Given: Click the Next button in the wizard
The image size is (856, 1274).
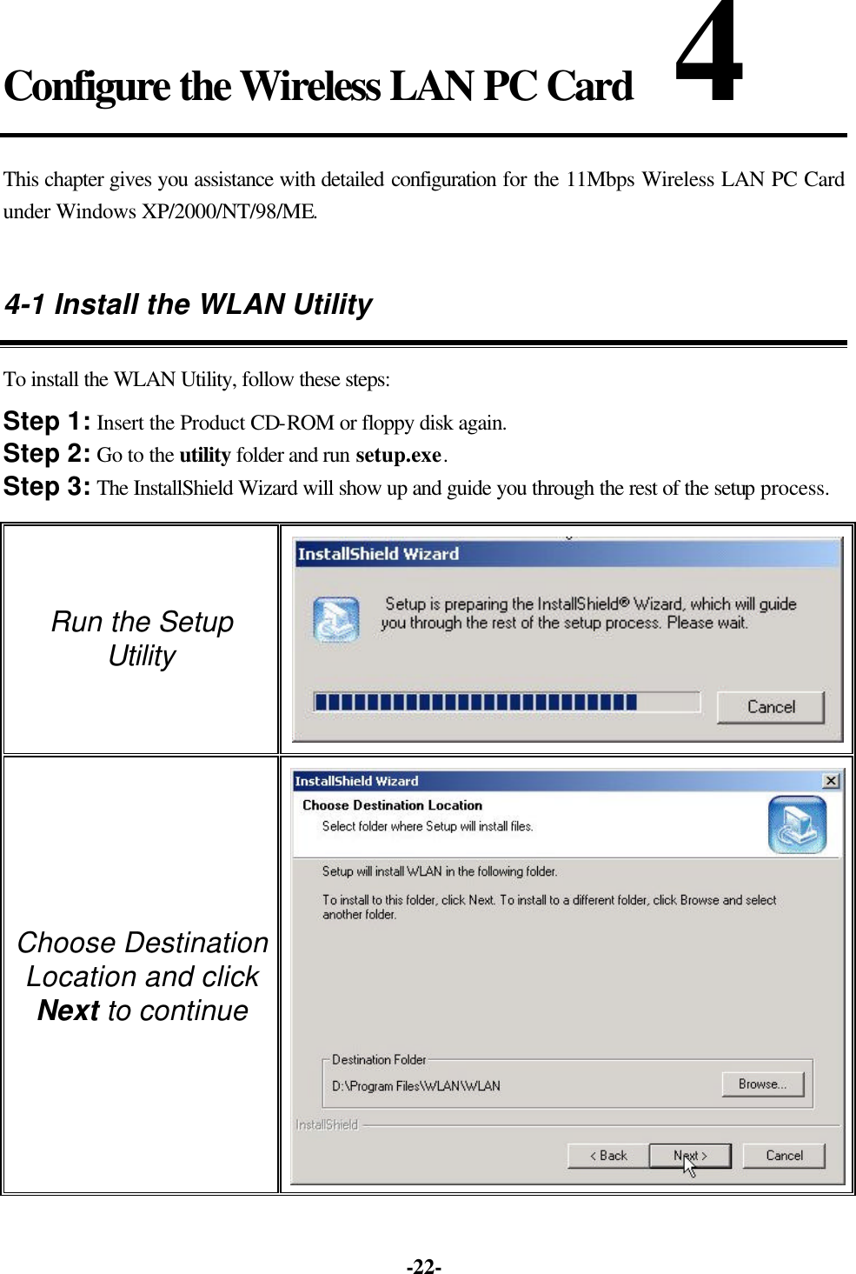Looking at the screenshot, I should [x=690, y=1156].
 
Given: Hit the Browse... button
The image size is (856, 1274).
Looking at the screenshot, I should [x=762, y=1084].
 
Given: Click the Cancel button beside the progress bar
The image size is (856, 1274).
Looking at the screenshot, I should [x=770, y=707].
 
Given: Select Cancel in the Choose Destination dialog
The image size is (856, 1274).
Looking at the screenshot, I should [x=783, y=1156].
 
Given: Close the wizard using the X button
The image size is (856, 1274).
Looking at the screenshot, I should [x=831, y=781].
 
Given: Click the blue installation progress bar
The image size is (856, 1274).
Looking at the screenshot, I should [x=475, y=702].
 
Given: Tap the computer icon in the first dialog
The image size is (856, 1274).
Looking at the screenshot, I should [x=335, y=619].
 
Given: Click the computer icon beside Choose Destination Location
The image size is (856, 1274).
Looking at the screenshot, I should [x=796, y=824].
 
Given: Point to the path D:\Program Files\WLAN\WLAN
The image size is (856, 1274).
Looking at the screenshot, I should [x=415, y=1086].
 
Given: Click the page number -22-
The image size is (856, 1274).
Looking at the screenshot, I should [x=424, y=1266].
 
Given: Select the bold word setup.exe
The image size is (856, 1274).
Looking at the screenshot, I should [x=399, y=456].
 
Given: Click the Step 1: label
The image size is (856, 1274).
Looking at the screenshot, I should [x=47, y=423].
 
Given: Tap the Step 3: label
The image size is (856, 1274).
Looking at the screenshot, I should [x=47, y=487].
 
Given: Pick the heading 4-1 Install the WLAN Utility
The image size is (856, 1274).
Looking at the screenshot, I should [x=188, y=304].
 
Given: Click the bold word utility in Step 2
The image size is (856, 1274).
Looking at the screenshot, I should [x=204, y=456].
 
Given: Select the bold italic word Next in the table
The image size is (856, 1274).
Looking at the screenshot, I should [x=69, y=1011].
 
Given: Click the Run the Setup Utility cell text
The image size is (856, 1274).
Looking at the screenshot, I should [x=143, y=638].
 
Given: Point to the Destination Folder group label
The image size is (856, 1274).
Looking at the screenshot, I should [x=379, y=1060].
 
